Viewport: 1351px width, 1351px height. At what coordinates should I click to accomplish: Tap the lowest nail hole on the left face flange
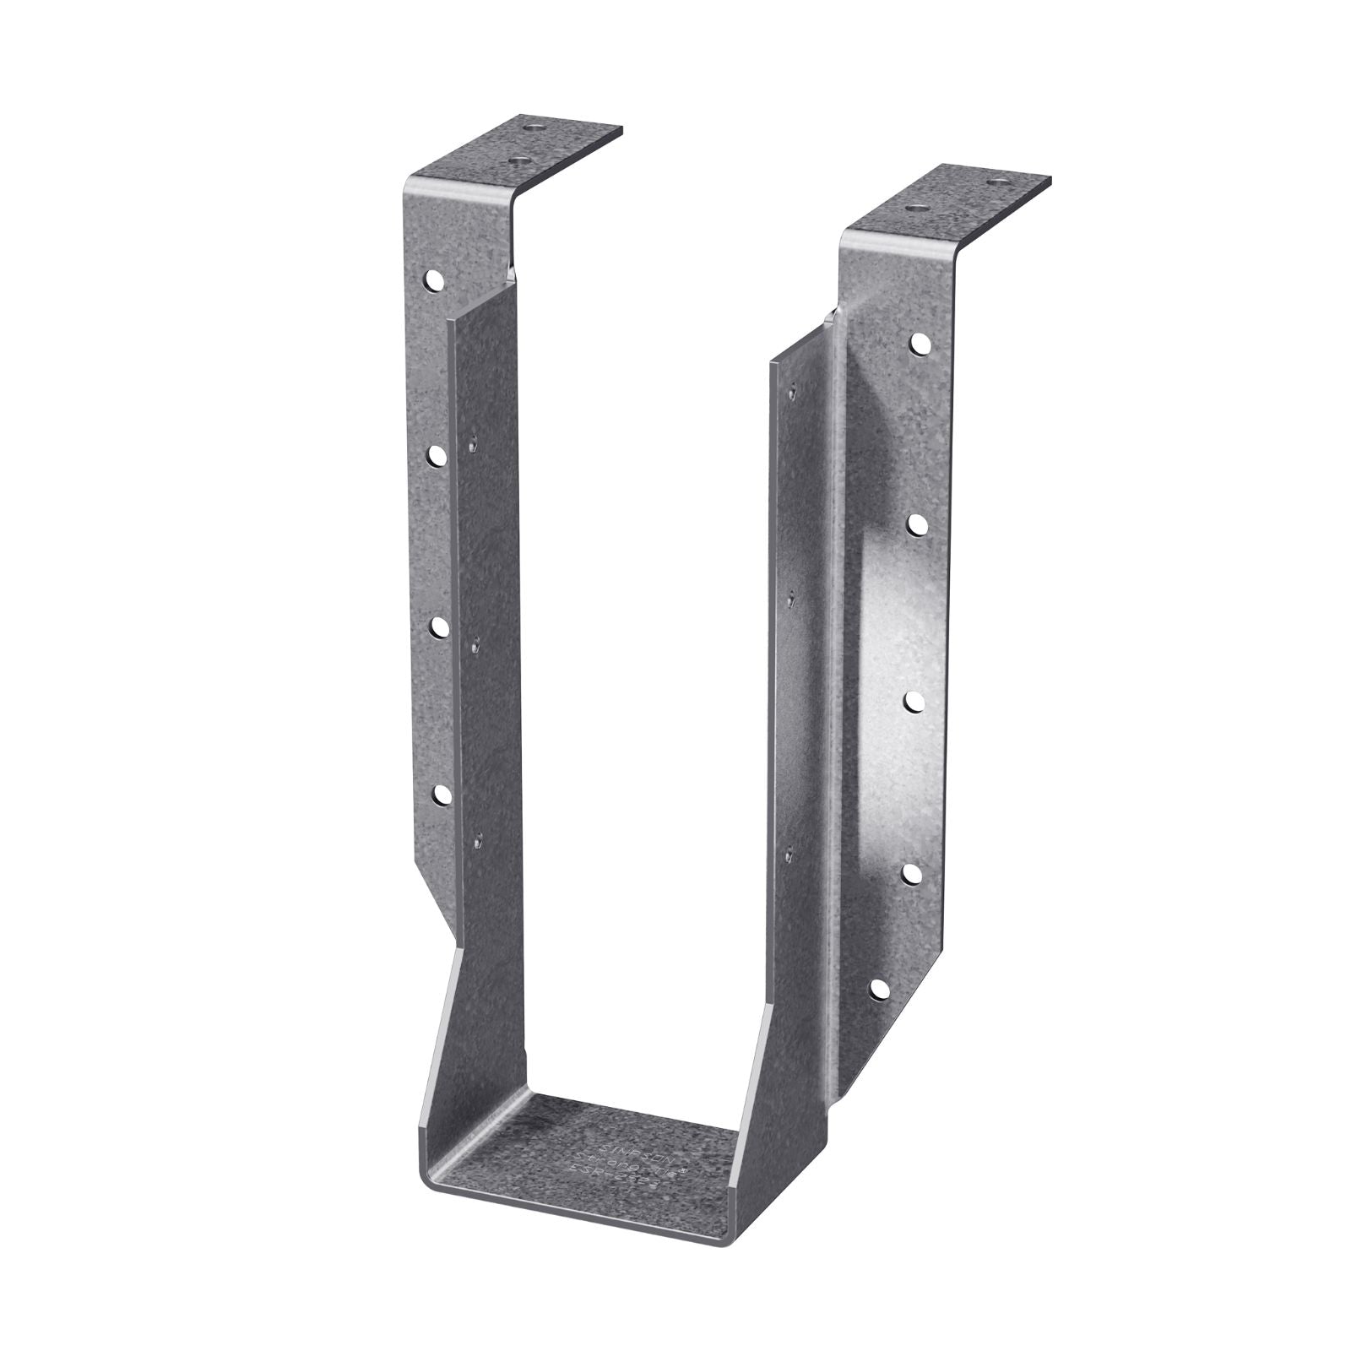point(440,794)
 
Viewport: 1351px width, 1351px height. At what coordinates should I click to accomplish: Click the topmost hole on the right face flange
point(918,343)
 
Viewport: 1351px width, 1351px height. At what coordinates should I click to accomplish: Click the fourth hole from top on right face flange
point(914,873)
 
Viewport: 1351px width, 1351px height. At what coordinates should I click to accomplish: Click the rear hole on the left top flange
point(533,129)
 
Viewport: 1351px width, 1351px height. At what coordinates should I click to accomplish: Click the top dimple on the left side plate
point(474,439)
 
